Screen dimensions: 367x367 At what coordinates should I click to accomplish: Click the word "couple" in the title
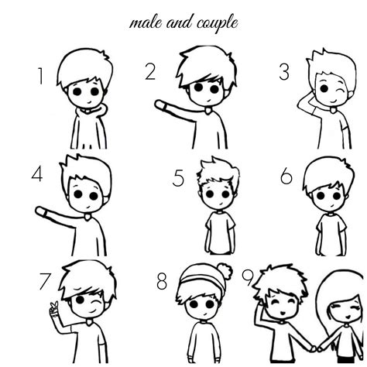[x=211, y=23]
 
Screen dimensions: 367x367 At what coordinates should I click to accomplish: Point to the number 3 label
[x=285, y=70]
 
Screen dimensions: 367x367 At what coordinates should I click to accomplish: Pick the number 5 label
[x=178, y=179]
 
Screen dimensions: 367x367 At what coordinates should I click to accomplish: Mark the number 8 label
[x=161, y=280]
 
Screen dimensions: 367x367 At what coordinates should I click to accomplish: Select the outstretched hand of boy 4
[x=38, y=211]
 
